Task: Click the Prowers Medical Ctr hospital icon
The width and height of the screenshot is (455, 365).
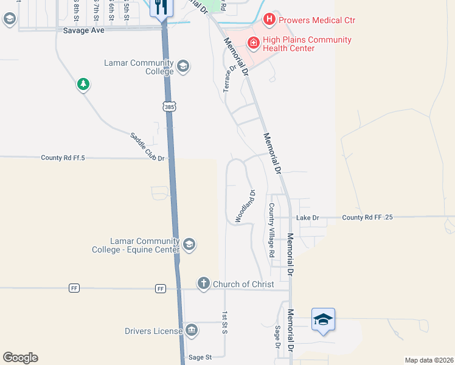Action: coord(269,20)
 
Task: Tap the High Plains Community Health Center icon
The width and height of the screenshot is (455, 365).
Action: coord(253,43)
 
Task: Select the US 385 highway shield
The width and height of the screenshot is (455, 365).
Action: coord(168,106)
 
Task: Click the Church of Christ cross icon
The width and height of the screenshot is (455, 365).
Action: coord(203,283)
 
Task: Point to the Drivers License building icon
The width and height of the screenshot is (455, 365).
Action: coord(191,330)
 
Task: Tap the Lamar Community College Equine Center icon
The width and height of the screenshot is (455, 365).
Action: coord(189,245)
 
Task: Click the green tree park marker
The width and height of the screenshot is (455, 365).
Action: coord(83,84)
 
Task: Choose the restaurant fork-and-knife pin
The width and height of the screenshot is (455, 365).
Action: coord(161,7)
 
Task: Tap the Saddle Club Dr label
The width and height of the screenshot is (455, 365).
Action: coord(148,147)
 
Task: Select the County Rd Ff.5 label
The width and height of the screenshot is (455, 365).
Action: coord(63,158)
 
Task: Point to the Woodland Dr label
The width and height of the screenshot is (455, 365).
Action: coord(245,206)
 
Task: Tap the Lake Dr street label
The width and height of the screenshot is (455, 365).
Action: coord(307,218)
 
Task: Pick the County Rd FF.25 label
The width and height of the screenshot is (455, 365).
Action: coord(367,218)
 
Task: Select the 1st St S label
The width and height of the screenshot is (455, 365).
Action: coord(224,322)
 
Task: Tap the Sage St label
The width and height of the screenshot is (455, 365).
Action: coord(200,357)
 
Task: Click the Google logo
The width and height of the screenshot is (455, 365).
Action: coord(20,358)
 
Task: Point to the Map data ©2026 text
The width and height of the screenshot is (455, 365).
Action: coord(429,360)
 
